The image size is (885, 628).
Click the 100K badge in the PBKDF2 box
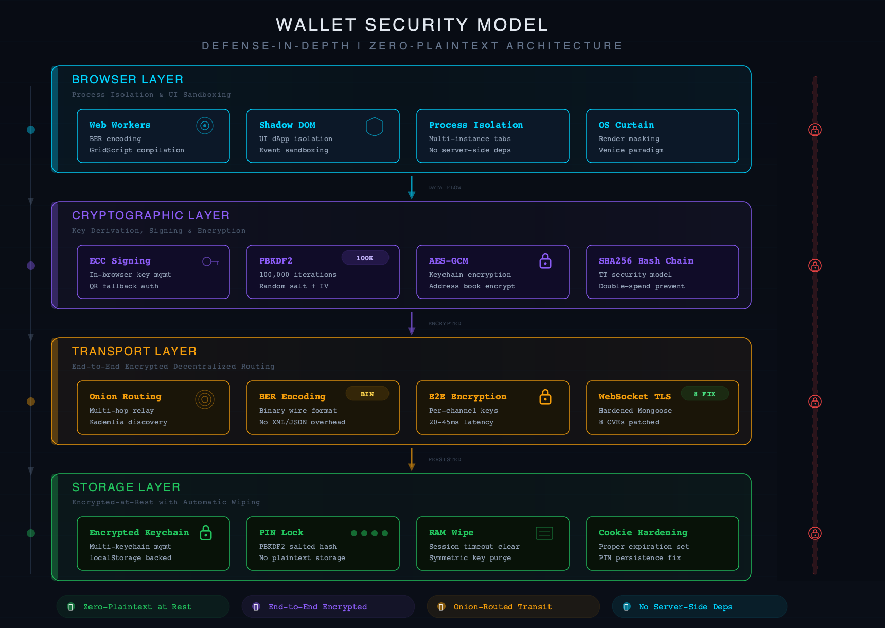click(365, 258)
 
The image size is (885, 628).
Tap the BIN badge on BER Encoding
click(367, 394)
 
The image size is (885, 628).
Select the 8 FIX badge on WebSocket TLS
click(704, 394)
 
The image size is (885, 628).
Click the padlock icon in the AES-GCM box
click(545, 261)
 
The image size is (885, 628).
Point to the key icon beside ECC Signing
click(210, 261)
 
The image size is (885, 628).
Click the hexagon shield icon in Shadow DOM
click(375, 126)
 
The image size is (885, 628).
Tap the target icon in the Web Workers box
click(205, 126)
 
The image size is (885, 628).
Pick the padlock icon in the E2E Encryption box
click(545, 397)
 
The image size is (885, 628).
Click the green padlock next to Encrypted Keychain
click(206, 533)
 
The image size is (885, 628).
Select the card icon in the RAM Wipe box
click(544, 533)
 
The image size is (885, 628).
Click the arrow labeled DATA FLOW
click(412, 187)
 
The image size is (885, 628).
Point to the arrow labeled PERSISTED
click(412, 459)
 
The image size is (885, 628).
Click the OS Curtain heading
click(626, 125)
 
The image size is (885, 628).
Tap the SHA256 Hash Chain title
click(646, 261)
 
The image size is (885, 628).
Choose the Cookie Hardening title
click(643, 533)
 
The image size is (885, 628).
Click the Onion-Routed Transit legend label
click(503, 607)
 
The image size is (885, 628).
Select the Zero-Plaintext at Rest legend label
click(137, 607)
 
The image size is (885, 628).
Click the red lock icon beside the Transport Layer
click(815, 402)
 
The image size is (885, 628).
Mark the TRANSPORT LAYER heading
click(134, 351)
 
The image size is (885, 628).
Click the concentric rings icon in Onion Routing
click(205, 399)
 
